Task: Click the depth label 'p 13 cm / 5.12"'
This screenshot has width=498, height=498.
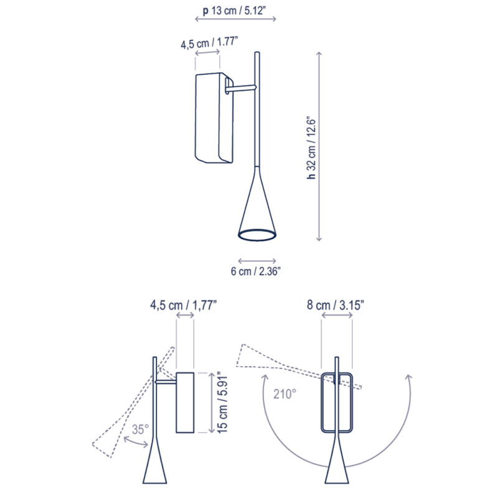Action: click(x=236, y=11)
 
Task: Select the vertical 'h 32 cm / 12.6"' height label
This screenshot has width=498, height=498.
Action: click(x=312, y=148)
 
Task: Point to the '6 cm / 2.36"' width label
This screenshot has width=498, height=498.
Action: click(x=257, y=271)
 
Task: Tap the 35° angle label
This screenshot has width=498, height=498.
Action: click(x=141, y=430)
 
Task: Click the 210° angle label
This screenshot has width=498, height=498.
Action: click(x=284, y=393)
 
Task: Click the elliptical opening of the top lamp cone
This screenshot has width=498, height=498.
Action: click(x=257, y=235)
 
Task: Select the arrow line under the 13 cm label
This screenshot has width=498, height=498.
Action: click(x=236, y=20)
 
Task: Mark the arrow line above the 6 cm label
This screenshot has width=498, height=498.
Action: click(x=257, y=260)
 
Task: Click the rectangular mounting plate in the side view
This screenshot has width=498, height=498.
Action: click(x=186, y=402)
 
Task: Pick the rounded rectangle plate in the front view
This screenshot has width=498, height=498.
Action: click(x=337, y=402)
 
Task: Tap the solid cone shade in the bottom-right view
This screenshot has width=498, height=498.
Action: click(x=337, y=467)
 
